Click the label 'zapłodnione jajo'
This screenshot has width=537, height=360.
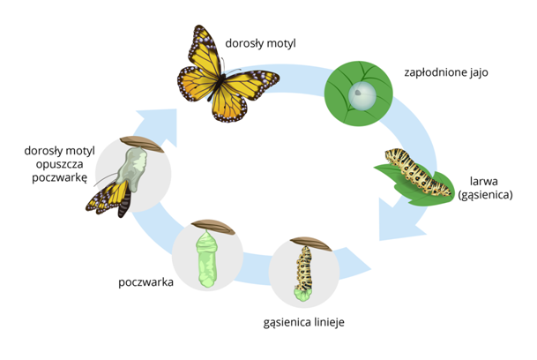(x=446, y=72)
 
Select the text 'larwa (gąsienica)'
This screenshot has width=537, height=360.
(x=485, y=188)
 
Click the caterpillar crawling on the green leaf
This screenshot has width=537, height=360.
(x=417, y=172)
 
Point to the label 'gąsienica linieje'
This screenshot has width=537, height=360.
(x=304, y=323)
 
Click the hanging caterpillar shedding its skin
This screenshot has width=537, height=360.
(x=303, y=274)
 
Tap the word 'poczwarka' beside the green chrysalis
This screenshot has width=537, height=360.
(x=145, y=282)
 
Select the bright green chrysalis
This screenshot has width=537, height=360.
(x=206, y=259)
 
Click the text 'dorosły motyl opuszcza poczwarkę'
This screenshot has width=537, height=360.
(x=59, y=164)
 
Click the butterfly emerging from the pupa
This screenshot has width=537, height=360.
(x=109, y=199)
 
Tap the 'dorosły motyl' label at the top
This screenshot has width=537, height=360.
(x=261, y=43)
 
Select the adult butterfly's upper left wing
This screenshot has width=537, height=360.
(x=204, y=51)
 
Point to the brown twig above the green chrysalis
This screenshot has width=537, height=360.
(x=213, y=227)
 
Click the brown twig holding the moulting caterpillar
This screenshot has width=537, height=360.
(x=311, y=243)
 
